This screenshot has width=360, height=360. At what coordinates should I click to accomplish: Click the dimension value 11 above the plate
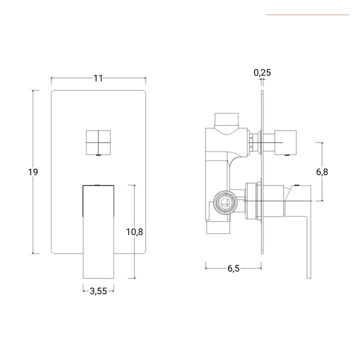click(x=98, y=78)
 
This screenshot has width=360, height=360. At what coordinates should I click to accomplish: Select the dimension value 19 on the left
click(x=33, y=172)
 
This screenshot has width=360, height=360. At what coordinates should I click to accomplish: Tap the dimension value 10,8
click(x=134, y=231)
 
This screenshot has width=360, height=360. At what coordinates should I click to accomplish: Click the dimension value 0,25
click(x=262, y=72)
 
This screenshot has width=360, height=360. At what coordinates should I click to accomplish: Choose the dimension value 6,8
click(x=322, y=171)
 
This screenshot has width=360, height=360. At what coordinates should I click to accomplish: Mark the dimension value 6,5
click(x=233, y=268)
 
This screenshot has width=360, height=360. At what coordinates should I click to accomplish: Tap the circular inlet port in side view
click(x=224, y=201)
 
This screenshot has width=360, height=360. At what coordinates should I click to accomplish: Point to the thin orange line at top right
click(x=307, y=14)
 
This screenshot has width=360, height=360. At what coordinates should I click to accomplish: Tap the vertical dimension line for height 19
click(x=33, y=210)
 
